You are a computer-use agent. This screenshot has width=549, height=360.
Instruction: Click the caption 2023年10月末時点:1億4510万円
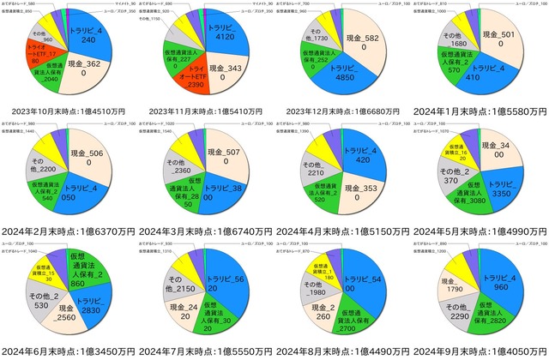tap(69, 111)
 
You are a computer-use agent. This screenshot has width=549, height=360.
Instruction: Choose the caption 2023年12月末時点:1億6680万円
tap(343, 111)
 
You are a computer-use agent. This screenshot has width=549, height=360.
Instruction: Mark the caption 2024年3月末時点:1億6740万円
tap(206, 231)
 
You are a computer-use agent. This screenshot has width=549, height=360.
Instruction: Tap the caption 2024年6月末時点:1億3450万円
tap(69, 351)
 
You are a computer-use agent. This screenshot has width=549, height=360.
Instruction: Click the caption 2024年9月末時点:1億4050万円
tap(480, 351)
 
